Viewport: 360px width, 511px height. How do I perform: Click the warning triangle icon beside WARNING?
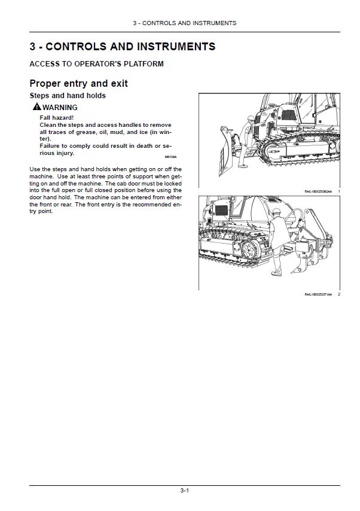pyautogui.click(x=37, y=107)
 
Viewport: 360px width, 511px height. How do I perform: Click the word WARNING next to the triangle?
pyautogui.click(x=60, y=108)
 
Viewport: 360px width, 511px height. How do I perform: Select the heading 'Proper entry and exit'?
pyautogui.click(x=78, y=83)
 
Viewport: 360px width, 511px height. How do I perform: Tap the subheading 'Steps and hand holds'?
pyautogui.click(x=68, y=96)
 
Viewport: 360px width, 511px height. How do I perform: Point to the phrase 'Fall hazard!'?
pyautogui.click(x=56, y=118)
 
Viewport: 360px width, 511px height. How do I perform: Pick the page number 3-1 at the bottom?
pyautogui.click(x=185, y=491)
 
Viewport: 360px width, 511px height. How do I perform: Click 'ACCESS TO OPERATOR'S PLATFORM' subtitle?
pyautogui.click(x=96, y=64)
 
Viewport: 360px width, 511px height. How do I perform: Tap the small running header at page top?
pyautogui.click(x=184, y=23)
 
